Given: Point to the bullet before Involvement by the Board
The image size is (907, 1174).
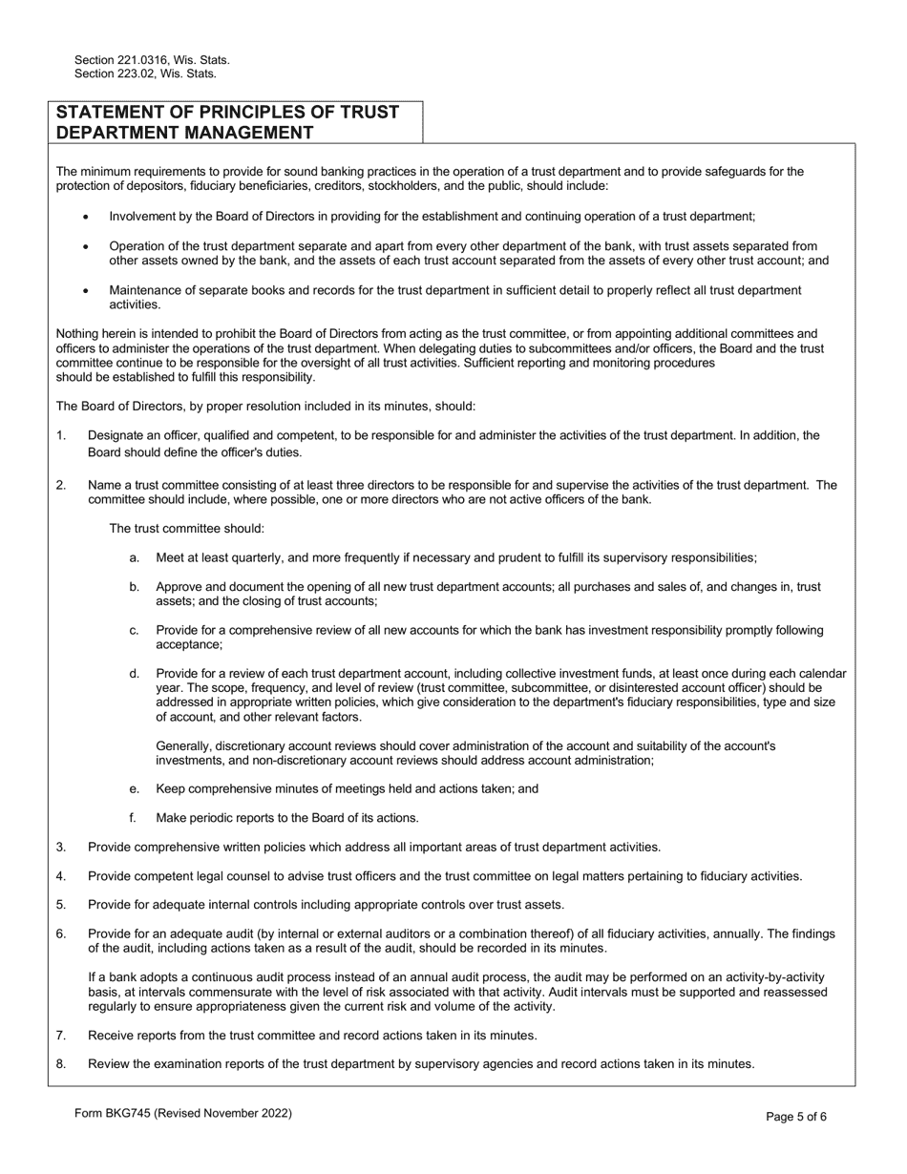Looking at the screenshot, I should [86, 218].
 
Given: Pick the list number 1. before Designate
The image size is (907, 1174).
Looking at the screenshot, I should [61, 436].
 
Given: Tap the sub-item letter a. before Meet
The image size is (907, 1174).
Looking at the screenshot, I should [135, 558].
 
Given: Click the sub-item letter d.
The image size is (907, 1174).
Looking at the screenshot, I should [135, 675].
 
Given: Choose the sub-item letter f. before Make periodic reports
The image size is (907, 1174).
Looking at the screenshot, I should [134, 818].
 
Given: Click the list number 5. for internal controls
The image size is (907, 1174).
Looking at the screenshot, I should [61, 905].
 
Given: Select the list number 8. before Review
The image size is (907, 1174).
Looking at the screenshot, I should [61, 1064].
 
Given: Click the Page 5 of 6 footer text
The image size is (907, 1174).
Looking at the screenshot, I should [796, 1117].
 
